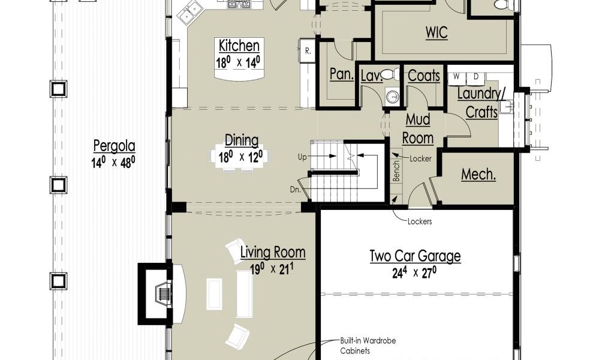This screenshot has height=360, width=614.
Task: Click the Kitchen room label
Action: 239,46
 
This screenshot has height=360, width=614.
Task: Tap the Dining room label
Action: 242,140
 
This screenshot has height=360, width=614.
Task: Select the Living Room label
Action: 273,252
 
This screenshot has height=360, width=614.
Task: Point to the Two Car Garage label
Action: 415,256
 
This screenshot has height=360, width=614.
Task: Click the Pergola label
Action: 114,146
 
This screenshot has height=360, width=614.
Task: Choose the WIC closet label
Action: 437,32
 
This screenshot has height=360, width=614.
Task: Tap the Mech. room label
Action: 478,175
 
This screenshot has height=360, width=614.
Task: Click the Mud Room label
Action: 418,128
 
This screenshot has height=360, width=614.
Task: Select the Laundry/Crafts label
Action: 481,103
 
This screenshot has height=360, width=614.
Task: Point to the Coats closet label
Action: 424,76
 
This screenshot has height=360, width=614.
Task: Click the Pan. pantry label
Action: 341,74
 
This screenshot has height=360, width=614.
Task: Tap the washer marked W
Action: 456,77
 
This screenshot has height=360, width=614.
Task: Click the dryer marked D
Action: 475,77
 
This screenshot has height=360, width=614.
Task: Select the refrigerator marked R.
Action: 308,50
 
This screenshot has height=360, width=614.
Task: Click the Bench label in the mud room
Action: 397,171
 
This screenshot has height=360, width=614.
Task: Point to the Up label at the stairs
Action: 302,157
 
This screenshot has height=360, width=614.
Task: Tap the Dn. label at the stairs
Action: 295,190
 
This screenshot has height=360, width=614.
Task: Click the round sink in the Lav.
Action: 392,95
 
